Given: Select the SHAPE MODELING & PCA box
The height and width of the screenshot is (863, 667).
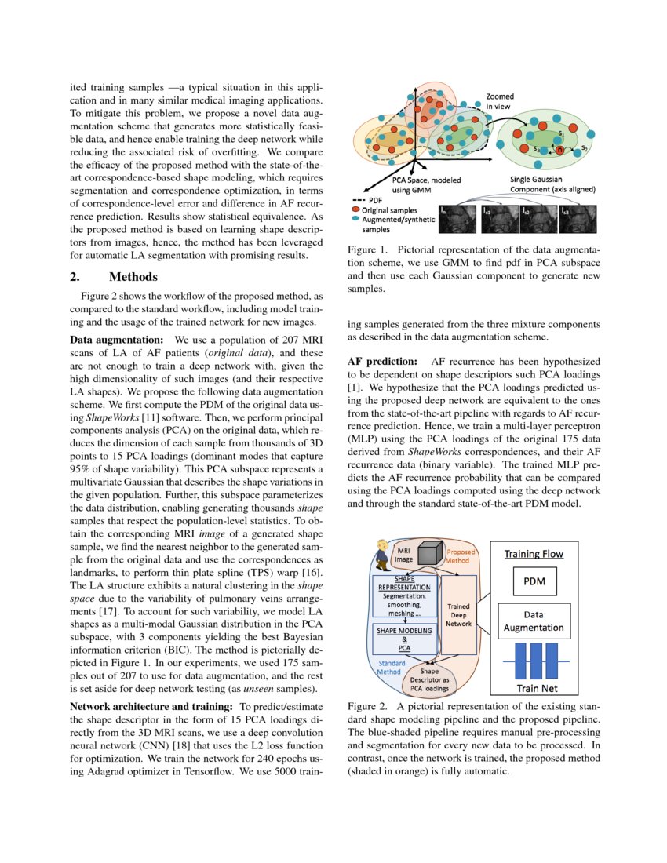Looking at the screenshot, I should (x=403, y=638).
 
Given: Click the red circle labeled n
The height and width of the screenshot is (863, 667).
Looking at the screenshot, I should (x=559, y=148).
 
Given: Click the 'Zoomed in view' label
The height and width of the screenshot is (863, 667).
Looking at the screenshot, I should (x=499, y=100).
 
